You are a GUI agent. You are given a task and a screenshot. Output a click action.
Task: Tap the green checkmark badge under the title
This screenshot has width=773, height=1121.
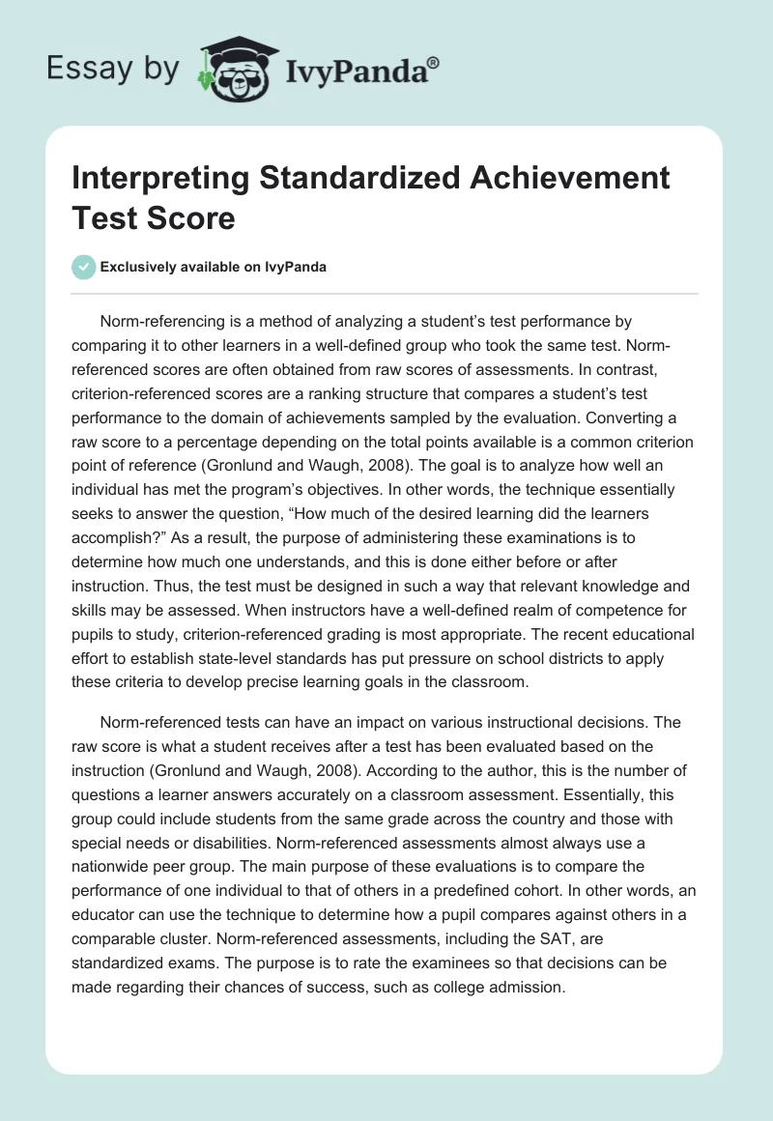84,267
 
